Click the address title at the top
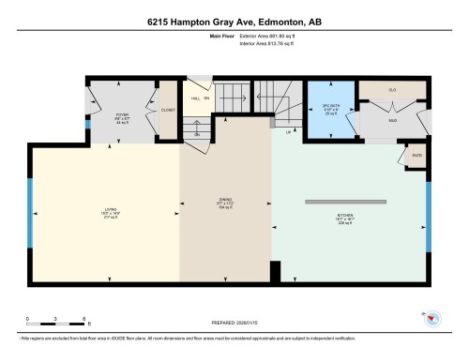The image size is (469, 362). tap(234, 22)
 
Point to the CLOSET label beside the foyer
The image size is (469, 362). tap(168, 109)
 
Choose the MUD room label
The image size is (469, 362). tap(392, 120)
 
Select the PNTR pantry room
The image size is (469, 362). tap(414, 156)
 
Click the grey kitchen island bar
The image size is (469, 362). tap(345, 202)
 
